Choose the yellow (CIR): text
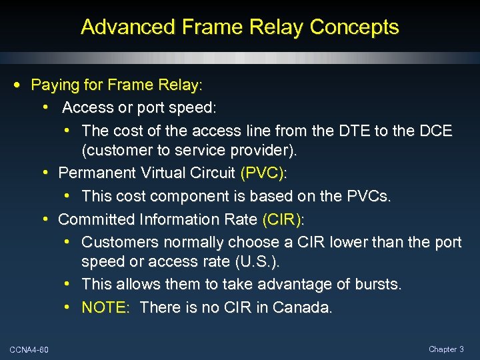point(283,219)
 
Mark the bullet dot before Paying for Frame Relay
point(16,85)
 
